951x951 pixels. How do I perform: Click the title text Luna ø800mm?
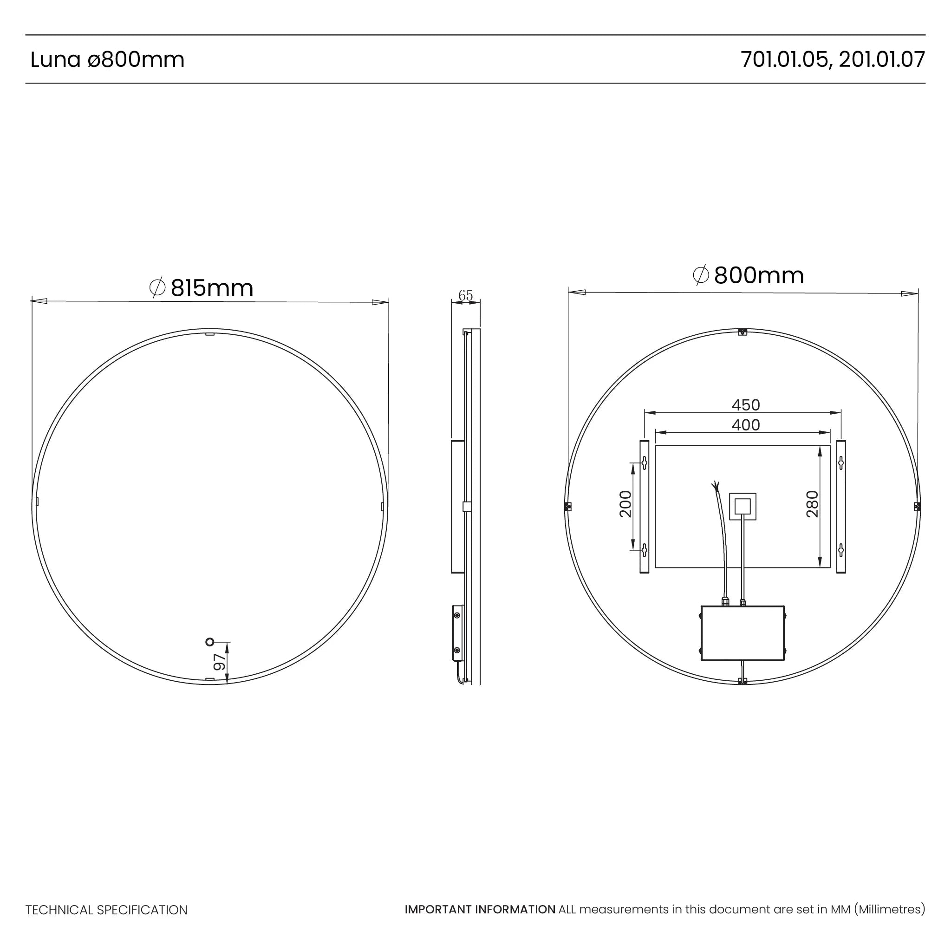(107, 59)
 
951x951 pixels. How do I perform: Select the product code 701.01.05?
(784, 59)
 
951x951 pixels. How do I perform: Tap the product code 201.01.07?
(882, 59)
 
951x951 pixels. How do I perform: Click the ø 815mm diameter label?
(202, 288)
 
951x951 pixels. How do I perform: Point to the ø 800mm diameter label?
(748, 275)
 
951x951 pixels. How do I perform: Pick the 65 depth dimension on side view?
(465, 295)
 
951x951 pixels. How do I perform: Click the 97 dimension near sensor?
(220, 662)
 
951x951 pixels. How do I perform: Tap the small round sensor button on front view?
(210, 642)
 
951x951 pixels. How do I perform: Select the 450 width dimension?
(745, 405)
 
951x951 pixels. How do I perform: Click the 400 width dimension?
(745, 425)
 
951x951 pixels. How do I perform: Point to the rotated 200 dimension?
(625, 504)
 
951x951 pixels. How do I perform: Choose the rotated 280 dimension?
(812, 504)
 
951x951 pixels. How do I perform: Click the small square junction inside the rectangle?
(743, 507)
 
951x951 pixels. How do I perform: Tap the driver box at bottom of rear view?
(743, 633)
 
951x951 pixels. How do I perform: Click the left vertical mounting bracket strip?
(644, 507)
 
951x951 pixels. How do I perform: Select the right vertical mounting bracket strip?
(841, 507)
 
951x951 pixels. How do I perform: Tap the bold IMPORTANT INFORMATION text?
(480, 910)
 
